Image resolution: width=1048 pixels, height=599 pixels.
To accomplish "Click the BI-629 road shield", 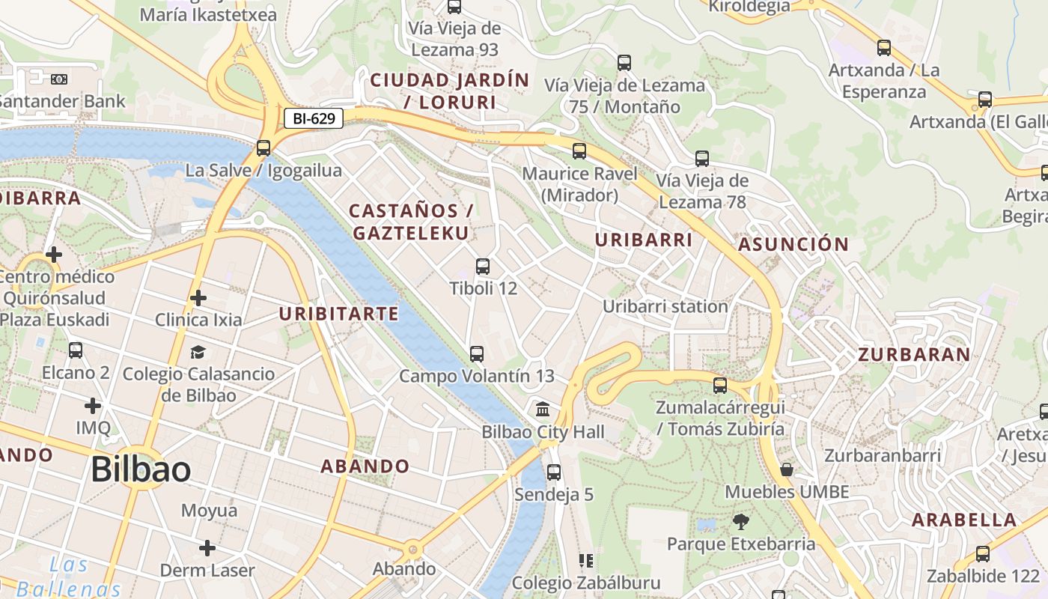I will (313, 118).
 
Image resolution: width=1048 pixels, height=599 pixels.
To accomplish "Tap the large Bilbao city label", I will (141, 469).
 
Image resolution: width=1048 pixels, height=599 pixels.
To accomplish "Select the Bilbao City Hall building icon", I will (543, 409).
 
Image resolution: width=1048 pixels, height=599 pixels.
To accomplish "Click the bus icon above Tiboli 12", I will (483, 266).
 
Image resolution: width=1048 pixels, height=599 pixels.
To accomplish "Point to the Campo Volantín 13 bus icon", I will (476, 353).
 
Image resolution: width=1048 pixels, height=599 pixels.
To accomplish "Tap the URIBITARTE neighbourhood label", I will (339, 314).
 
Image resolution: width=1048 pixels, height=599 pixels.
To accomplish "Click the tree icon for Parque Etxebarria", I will (741, 521).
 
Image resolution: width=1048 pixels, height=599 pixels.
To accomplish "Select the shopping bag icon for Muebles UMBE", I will (787, 469).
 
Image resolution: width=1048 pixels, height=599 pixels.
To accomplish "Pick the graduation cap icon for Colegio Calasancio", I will (198, 352).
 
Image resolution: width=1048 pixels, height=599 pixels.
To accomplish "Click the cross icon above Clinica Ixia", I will (198, 298).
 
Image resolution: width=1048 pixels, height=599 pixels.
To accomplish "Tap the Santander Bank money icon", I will (59, 79).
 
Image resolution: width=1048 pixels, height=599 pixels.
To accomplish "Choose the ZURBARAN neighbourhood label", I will (914, 355).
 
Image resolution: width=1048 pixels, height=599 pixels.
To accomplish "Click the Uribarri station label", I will (665, 306).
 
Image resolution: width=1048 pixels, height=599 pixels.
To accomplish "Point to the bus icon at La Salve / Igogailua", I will (263, 148).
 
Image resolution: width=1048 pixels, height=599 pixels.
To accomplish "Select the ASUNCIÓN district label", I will (793, 244).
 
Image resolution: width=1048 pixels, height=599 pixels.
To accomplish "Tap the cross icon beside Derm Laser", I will (207, 548).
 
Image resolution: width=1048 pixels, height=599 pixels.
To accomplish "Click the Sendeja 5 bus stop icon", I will (554, 472).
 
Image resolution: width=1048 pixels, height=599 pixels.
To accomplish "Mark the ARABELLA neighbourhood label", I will (964, 520).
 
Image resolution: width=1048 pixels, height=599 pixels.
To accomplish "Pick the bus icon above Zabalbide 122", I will (983, 554).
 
